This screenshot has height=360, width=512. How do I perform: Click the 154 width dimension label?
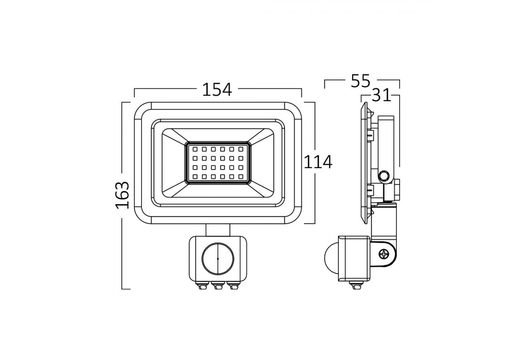217,90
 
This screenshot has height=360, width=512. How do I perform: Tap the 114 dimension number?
318,162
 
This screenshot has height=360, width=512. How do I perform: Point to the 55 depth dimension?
360,81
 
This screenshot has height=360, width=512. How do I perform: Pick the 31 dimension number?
381,96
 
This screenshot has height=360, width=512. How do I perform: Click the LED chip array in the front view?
218,162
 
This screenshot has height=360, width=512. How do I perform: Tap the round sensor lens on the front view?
217,258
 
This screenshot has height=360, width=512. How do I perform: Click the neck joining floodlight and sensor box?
218,230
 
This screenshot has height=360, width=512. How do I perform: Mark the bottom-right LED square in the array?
240,176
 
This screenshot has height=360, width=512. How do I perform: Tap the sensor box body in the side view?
354,258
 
